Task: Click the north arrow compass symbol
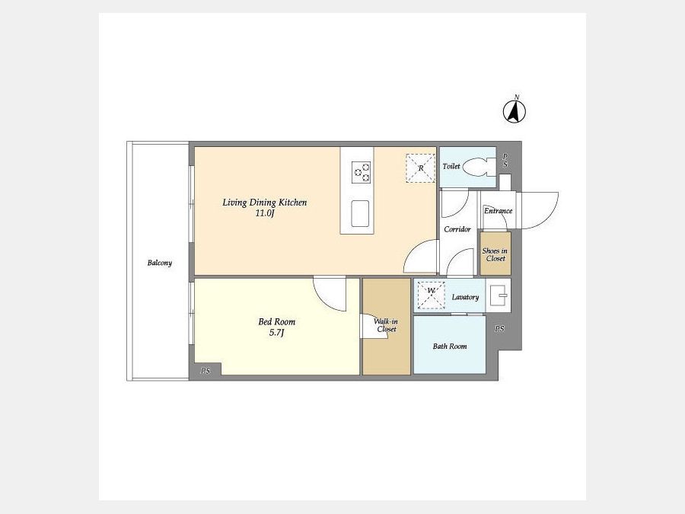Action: tap(515, 110)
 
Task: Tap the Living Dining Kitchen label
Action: tap(265, 203)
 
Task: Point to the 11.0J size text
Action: tap(265, 213)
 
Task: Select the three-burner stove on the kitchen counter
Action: tap(362, 172)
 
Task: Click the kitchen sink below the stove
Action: tap(360, 214)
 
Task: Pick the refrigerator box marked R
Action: tap(421, 168)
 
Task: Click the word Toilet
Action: tap(451, 166)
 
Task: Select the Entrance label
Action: tap(498, 211)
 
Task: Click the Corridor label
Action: tap(457, 229)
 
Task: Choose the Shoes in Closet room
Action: tap(495, 254)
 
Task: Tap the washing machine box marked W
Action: tap(432, 295)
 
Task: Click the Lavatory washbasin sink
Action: tap(498, 295)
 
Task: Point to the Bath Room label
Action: tap(450, 346)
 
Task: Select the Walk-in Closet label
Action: tap(386, 325)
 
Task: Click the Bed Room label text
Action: tap(276, 321)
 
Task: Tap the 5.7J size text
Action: tap(276, 333)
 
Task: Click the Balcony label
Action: tap(160, 263)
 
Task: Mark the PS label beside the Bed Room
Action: tap(205, 371)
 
